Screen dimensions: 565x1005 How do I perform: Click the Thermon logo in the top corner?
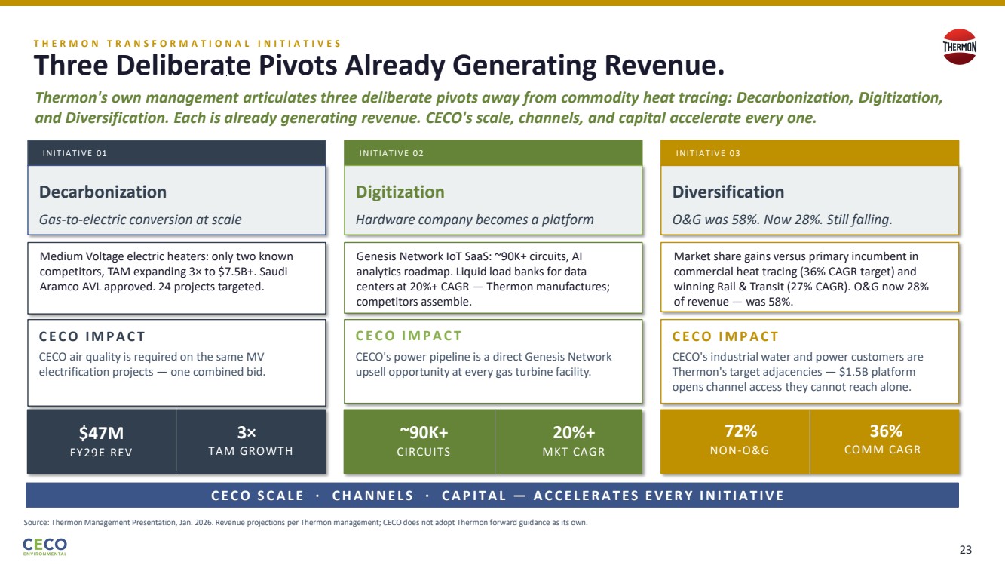[x=960, y=47]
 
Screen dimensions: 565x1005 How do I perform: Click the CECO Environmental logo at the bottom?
[x=44, y=546]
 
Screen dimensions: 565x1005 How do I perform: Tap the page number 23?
[x=965, y=550]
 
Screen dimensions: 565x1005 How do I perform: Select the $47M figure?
[x=101, y=432]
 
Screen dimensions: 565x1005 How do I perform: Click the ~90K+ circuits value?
[x=424, y=432]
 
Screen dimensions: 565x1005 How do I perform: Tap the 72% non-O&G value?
[x=740, y=431]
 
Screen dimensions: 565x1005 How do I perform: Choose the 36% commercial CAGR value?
[x=886, y=431]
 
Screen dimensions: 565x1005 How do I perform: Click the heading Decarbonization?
[x=103, y=192]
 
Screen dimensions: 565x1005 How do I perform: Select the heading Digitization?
[x=400, y=192]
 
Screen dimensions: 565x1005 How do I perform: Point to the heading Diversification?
[x=728, y=192]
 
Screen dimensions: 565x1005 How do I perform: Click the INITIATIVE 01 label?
[x=75, y=154]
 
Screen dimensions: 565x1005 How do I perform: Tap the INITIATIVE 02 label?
[x=391, y=154]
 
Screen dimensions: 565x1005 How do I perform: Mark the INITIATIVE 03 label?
[x=708, y=154]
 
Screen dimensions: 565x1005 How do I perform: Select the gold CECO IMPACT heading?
[x=725, y=336]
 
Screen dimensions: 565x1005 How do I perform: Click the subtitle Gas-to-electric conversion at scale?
[x=140, y=220]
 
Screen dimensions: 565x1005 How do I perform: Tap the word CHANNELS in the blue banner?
[x=372, y=496]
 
